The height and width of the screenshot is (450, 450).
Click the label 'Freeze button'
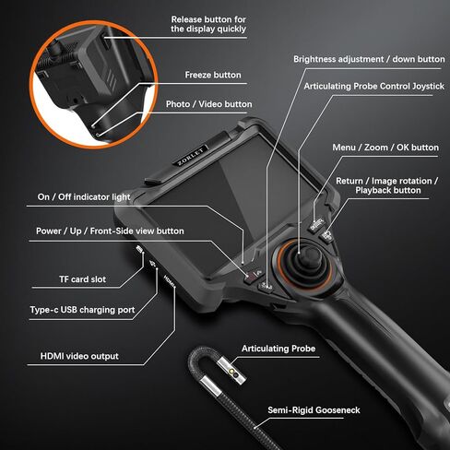[213, 75]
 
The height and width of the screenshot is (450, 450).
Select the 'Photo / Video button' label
[208, 104]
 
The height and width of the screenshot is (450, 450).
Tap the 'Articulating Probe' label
[278, 349]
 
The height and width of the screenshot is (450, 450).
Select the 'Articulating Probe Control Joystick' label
[367, 86]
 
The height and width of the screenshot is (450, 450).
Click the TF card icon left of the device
[139, 251]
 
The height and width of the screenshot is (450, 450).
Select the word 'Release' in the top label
[190, 18]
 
